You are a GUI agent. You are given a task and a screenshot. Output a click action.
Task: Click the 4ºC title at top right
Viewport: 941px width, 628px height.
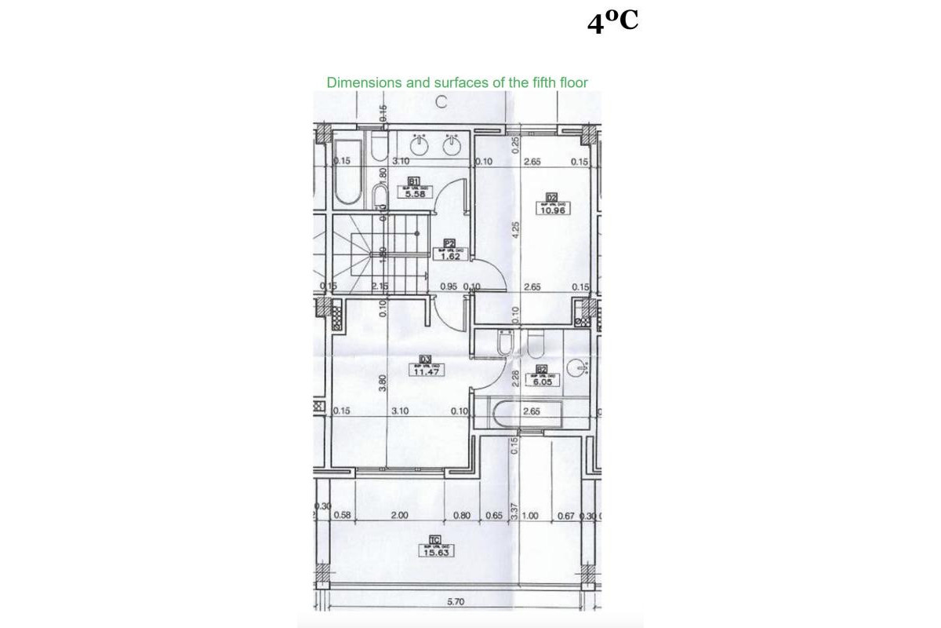tap(612, 23)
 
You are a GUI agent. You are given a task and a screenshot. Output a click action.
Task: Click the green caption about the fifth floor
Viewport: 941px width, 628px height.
tap(457, 82)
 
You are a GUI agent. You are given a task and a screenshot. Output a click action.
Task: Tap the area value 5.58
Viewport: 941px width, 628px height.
tap(415, 195)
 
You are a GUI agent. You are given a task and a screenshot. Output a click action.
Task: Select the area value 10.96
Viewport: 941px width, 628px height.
tap(552, 210)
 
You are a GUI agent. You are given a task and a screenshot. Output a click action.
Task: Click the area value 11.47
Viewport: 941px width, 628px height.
tap(427, 371)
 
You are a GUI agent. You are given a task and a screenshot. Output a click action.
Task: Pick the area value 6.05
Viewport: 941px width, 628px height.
tap(543, 382)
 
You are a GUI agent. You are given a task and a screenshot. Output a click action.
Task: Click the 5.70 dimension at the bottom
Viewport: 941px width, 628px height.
tap(456, 603)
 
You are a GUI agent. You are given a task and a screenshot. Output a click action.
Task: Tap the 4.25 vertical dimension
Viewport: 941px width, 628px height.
tap(515, 230)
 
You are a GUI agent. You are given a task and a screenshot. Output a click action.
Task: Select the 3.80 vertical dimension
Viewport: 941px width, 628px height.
tap(383, 382)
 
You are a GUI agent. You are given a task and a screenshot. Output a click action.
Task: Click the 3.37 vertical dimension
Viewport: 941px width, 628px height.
tap(514, 511)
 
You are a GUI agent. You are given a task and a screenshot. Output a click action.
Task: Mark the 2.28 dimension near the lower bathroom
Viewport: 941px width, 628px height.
tap(514, 378)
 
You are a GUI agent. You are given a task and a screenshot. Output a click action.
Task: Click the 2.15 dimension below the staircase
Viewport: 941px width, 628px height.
tap(380, 287)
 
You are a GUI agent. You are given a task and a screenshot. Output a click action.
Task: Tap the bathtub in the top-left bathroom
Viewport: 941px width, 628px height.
tap(346, 175)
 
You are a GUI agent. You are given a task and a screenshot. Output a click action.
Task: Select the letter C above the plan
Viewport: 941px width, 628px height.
tap(441, 101)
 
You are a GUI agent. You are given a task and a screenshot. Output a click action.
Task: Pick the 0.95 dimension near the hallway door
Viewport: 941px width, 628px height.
tap(449, 287)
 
